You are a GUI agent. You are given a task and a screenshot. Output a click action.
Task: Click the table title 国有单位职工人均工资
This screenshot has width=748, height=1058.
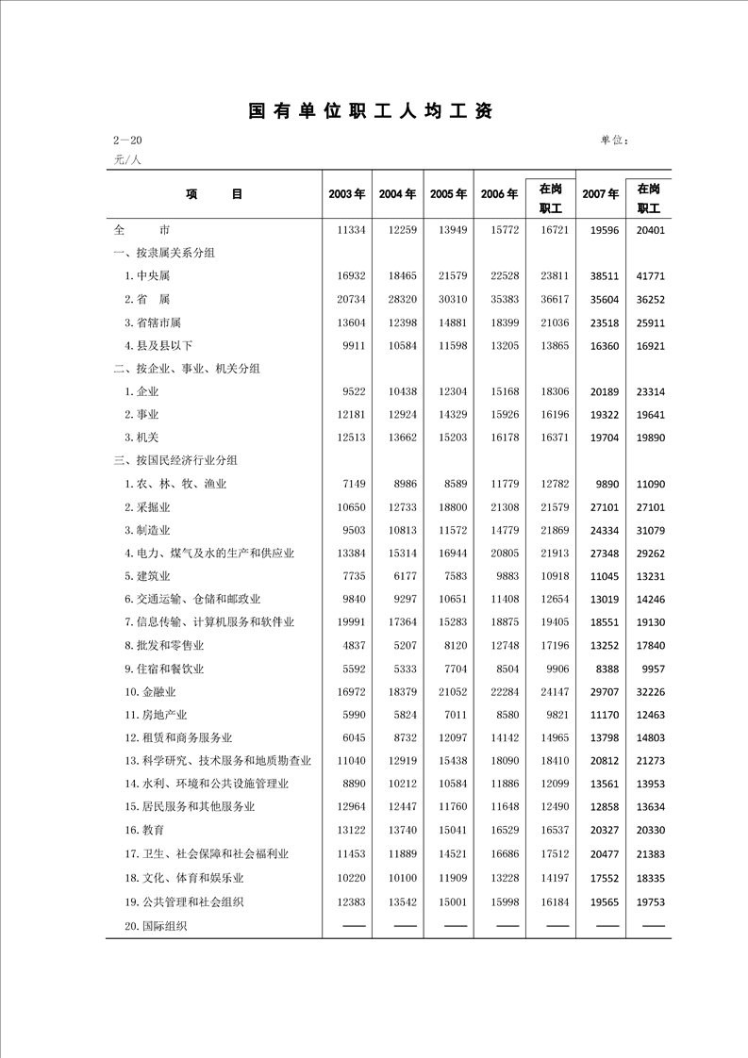pyautogui.click(x=370, y=111)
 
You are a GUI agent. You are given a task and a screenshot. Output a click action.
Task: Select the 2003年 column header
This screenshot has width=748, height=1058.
pyautogui.click(x=346, y=194)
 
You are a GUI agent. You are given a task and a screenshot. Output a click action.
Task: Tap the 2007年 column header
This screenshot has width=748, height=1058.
pyautogui.click(x=600, y=194)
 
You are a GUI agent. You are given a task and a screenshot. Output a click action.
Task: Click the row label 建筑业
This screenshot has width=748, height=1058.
pyautogui.click(x=147, y=575)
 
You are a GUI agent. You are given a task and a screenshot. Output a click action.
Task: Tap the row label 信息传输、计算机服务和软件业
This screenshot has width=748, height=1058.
pyautogui.click(x=209, y=621)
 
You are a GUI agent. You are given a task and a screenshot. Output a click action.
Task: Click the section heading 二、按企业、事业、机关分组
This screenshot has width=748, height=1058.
pyautogui.click(x=187, y=368)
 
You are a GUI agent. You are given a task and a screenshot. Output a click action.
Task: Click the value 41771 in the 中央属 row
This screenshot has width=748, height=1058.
pyautogui.click(x=651, y=276)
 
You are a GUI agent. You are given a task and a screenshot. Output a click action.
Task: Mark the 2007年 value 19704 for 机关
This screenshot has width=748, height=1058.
pyautogui.click(x=600, y=438)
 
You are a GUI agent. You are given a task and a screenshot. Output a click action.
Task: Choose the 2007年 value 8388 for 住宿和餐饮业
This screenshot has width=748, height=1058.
pyautogui.click(x=603, y=669)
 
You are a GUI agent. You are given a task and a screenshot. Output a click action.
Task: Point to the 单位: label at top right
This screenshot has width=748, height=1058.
pyautogui.click(x=614, y=141)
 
